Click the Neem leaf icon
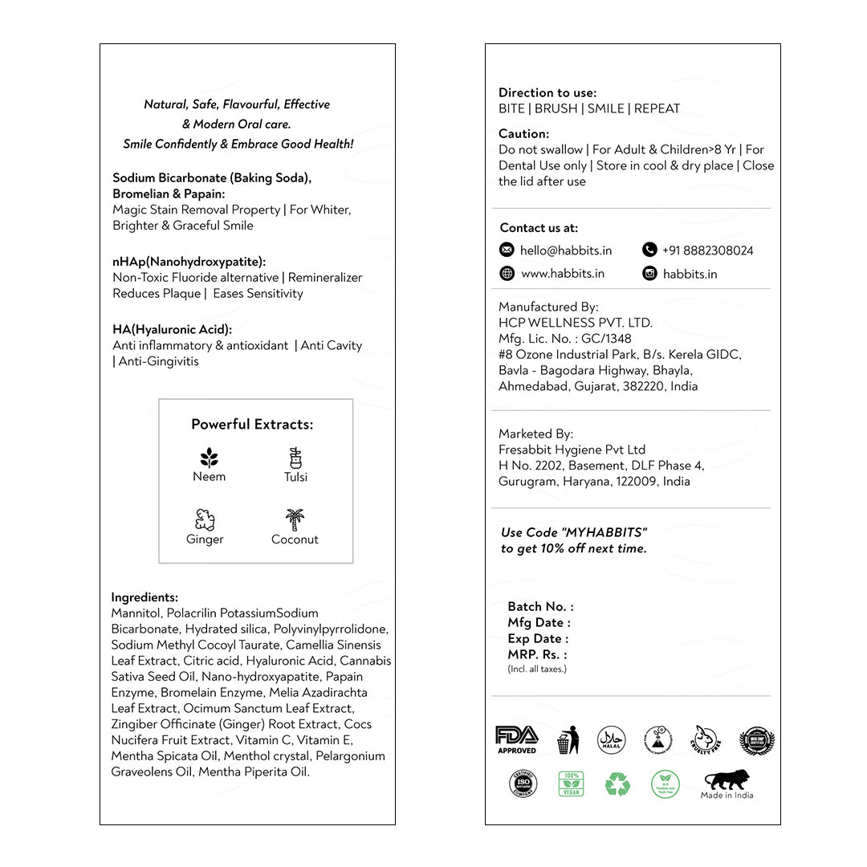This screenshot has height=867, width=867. pos(209,458)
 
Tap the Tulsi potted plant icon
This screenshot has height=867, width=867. pos(295,458)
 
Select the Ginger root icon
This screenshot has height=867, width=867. pos(205,519)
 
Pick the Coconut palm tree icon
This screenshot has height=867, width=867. pos(295,519)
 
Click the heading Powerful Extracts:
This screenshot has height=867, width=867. pos(252,425)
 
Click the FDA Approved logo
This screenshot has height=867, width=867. pos(517,739)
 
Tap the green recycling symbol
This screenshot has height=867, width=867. pos(617,784)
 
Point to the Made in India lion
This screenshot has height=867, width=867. pos(728,780)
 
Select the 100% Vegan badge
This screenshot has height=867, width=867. pos(571,784)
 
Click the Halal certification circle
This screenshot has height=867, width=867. pos(612,740)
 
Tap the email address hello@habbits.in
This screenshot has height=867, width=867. pos(566,250)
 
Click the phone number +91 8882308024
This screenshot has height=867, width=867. pos(708,250)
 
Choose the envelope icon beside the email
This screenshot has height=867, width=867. pos(507,250)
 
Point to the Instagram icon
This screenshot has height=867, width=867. pos(649,274)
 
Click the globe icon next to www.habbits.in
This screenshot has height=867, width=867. pos(507,274)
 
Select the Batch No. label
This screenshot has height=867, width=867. pos(540,607)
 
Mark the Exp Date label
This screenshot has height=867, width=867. pos(538,639)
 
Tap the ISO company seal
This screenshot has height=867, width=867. pos(523,784)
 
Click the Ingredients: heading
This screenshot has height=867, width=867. pos(144,597)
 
